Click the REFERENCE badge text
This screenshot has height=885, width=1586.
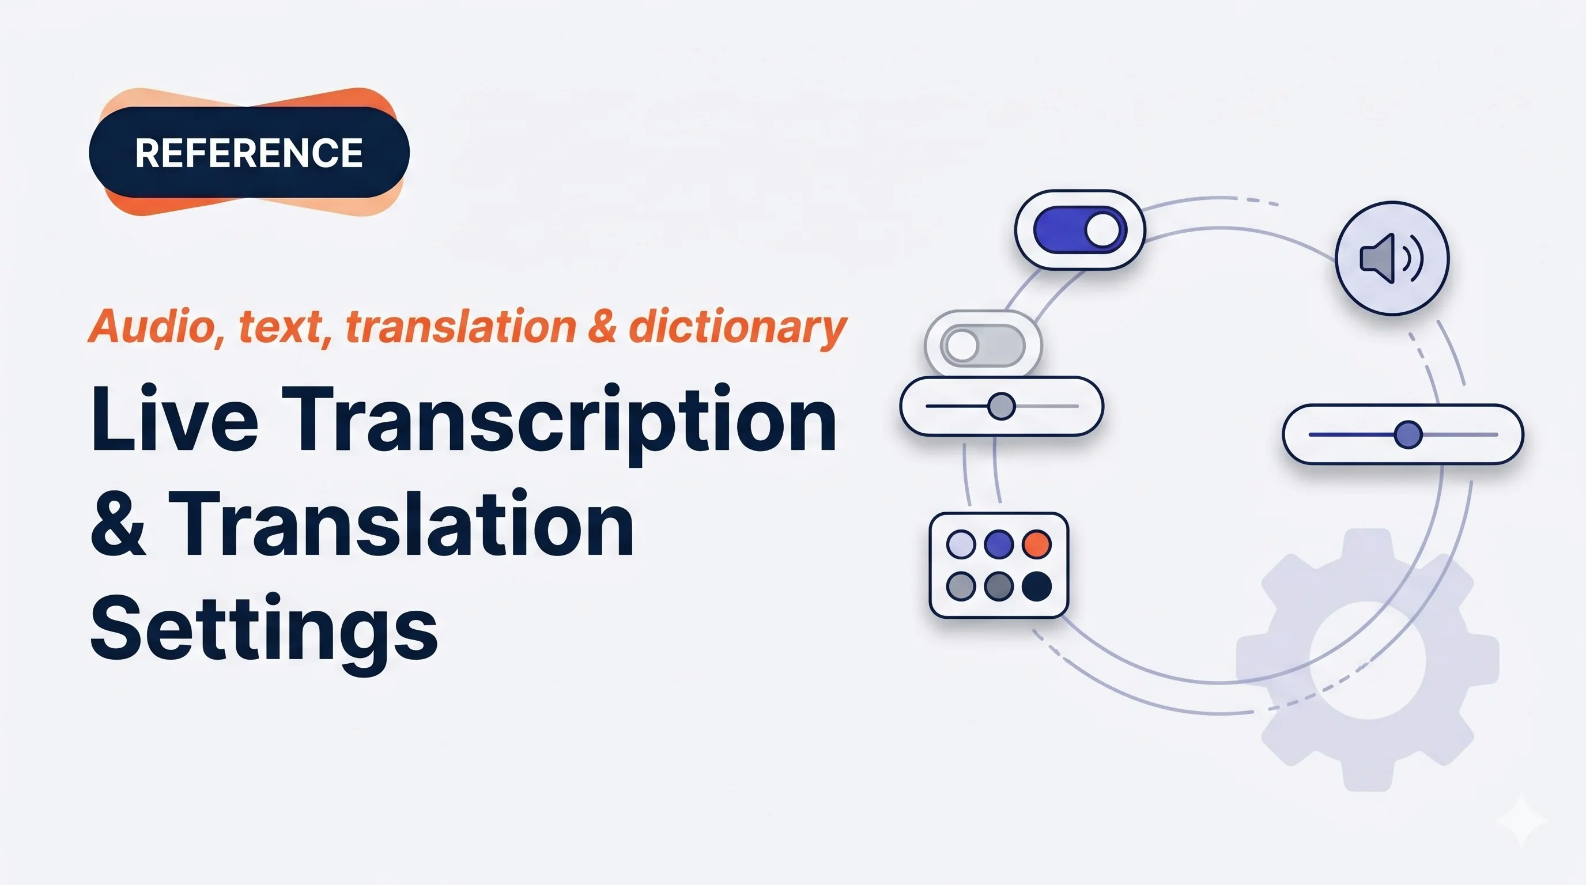point(249,153)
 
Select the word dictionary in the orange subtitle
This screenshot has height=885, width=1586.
point(737,327)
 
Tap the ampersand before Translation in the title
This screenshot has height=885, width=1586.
point(118,525)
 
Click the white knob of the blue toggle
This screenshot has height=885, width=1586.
point(1102,229)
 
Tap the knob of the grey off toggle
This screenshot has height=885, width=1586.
point(962,345)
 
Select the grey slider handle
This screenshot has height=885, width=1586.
point(1001,406)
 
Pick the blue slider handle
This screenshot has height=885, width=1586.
point(1407,434)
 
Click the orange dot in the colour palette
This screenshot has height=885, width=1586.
point(1037,544)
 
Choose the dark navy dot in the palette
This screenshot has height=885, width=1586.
point(1037,586)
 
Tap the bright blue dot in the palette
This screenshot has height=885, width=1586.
point(999,544)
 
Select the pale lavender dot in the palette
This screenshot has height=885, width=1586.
point(961,544)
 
